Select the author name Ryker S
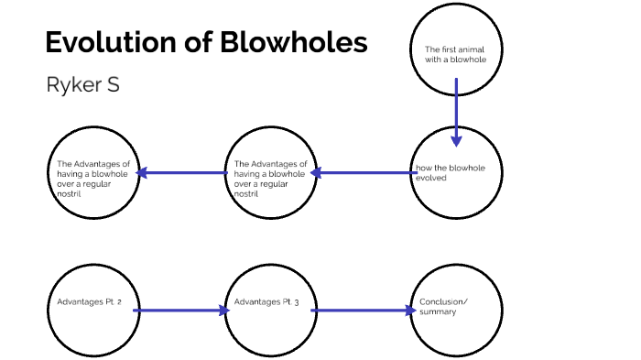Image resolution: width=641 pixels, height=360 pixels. pyautogui.click(x=82, y=85)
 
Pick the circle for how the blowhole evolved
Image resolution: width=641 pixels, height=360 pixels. pyautogui.click(x=455, y=172)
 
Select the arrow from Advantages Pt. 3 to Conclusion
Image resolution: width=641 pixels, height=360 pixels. pyautogui.click(x=363, y=311)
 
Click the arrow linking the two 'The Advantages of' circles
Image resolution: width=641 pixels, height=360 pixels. pyautogui.click(x=183, y=172)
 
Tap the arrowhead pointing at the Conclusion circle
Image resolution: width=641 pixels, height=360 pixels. pyautogui.click(x=410, y=311)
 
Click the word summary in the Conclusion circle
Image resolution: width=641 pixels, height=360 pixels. pyautogui.click(x=438, y=311)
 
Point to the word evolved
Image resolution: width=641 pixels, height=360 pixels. pyautogui.click(x=431, y=178)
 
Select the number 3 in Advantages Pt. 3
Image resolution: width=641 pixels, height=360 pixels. pyautogui.click(x=298, y=301)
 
